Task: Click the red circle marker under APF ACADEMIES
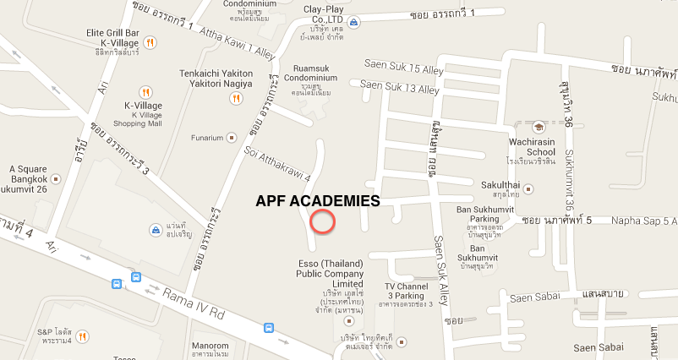(x=323, y=221)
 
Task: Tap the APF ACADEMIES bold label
(x=317, y=202)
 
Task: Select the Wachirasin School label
(x=531, y=146)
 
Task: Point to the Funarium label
(x=206, y=137)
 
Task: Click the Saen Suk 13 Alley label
(x=400, y=85)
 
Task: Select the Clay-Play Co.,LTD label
(x=326, y=14)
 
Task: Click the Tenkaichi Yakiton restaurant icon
(x=236, y=97)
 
